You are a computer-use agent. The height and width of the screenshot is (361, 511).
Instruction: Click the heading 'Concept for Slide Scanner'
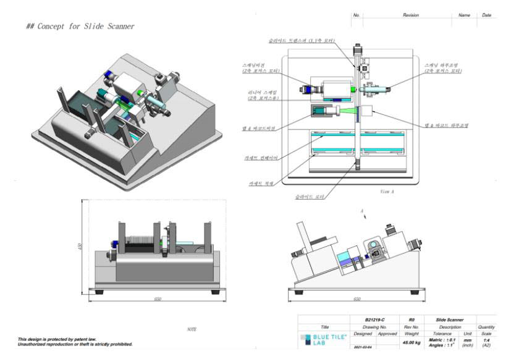point(80,27)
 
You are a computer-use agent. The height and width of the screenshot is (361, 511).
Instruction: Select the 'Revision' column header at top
point(410,15)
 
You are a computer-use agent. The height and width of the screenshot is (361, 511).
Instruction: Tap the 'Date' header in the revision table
point(486,15)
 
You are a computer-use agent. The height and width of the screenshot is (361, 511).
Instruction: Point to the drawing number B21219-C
point(368,320)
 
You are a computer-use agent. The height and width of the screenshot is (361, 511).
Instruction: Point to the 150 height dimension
point(80,247)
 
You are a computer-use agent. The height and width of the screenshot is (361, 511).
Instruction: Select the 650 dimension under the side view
point(357,299)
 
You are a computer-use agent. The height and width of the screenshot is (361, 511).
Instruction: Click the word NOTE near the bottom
point(192,329)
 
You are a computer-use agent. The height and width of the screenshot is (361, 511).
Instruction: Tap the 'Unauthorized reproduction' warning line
point(75,344)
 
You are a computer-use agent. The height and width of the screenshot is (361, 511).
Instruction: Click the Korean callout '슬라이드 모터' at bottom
point(308,197)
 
